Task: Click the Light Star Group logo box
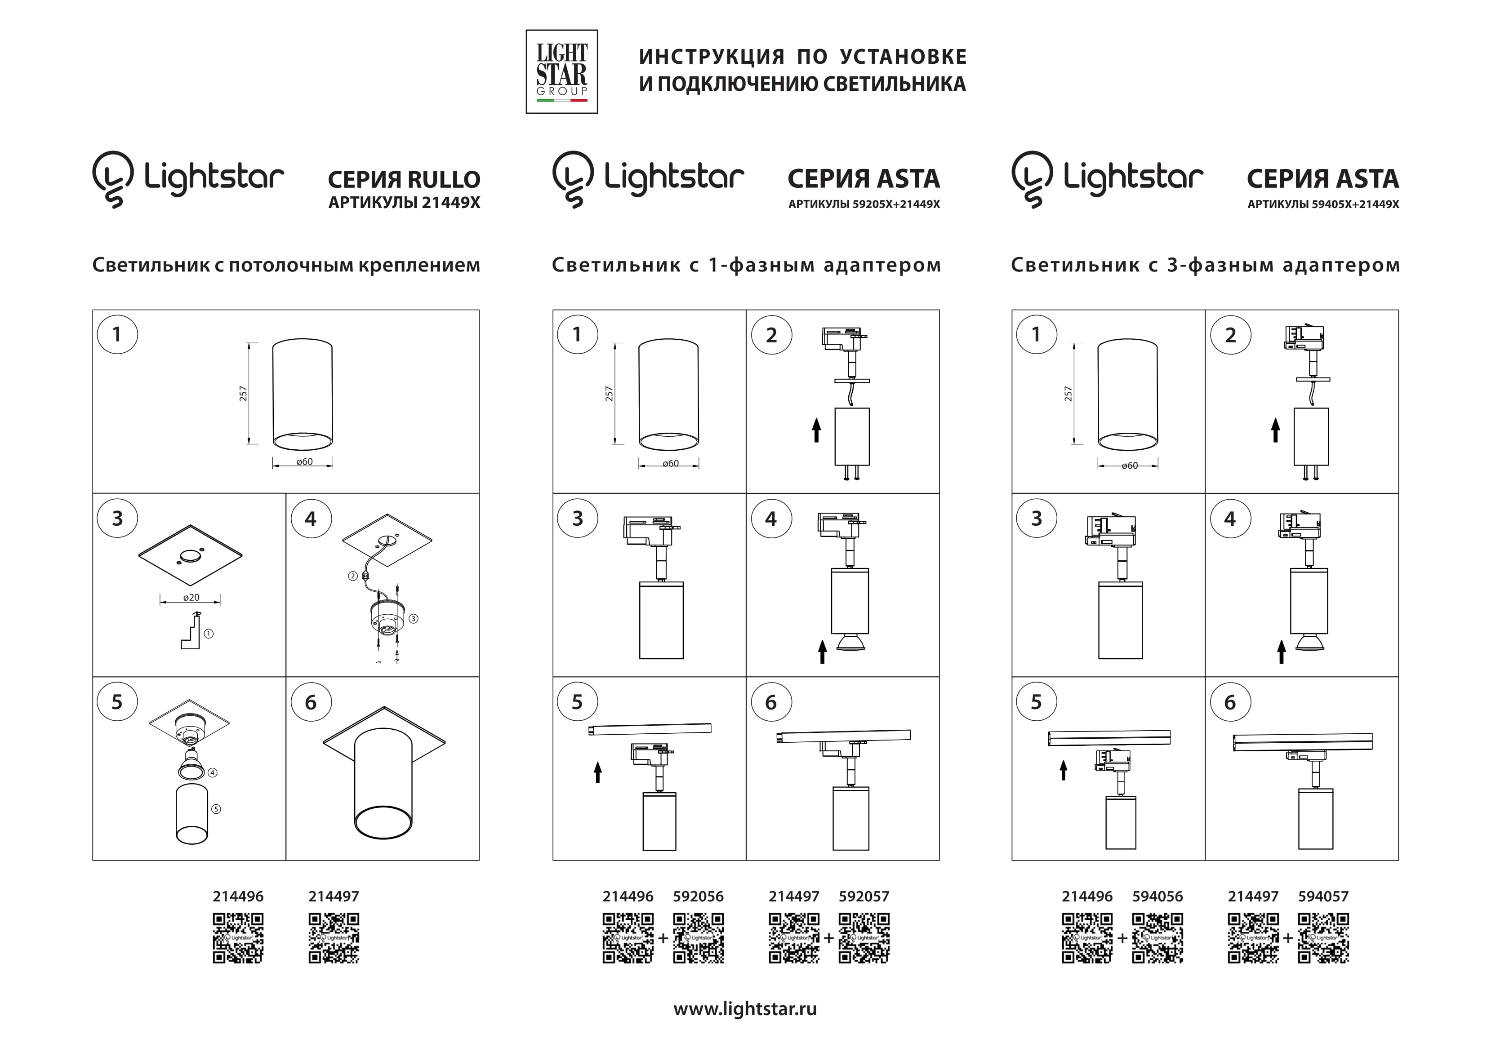click(x=561, y=72)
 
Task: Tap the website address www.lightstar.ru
click(x=745, y=1008)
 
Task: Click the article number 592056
click(x=698, y=896)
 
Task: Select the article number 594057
click(x=1323, y=896)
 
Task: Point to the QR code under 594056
click(x=1158, y=938)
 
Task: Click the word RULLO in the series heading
click(x=444, y=179)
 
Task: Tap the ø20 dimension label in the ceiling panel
click(x=191, y=598)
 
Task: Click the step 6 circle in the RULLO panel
click(x=311, y=702)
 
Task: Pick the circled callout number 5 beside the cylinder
click(x=216, y=809)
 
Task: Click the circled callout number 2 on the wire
click(x=353, y=576)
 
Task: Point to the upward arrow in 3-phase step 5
click(x=1063, y=770)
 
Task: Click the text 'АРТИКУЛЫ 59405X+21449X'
click(x=1323, y=204)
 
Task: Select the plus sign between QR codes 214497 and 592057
click(x=829, y=938)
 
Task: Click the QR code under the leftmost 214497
click(x=334, y=938)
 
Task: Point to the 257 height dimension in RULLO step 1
click(x=244, y=394)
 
